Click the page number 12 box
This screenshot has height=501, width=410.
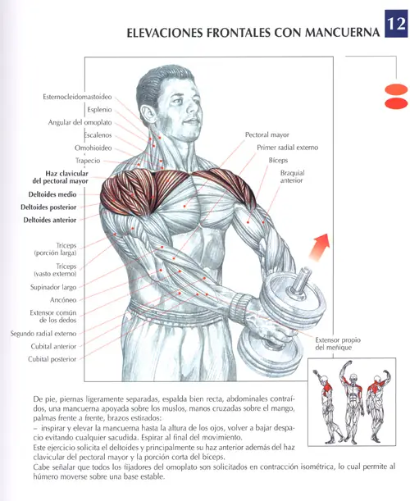[x=395, y=24]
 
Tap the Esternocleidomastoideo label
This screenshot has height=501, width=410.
[x=77, y=97]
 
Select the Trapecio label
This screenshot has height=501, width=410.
[x=88, y=161]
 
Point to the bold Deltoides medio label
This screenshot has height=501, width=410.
[x=52, y=194]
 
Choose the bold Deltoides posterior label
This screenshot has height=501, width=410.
[x=48, y=207]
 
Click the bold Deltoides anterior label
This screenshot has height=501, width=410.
[x=50, y=220]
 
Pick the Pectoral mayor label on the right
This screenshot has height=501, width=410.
[x=266, y=134]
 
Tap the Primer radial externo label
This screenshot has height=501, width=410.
[x=288, y=148]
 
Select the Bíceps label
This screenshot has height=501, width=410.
[x=278, y=160]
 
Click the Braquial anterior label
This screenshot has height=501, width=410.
[x=292, y=176]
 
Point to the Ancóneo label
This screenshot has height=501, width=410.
[x=63, y=300]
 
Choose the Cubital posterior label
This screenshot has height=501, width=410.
[x=52, y=359]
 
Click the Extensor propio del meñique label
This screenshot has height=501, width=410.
[x=338, y=344]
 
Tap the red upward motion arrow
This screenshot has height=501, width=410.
[x=319, y=247]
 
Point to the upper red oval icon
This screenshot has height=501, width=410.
[x=396, y=89]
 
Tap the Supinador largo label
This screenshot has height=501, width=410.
[x=53, y=287]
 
